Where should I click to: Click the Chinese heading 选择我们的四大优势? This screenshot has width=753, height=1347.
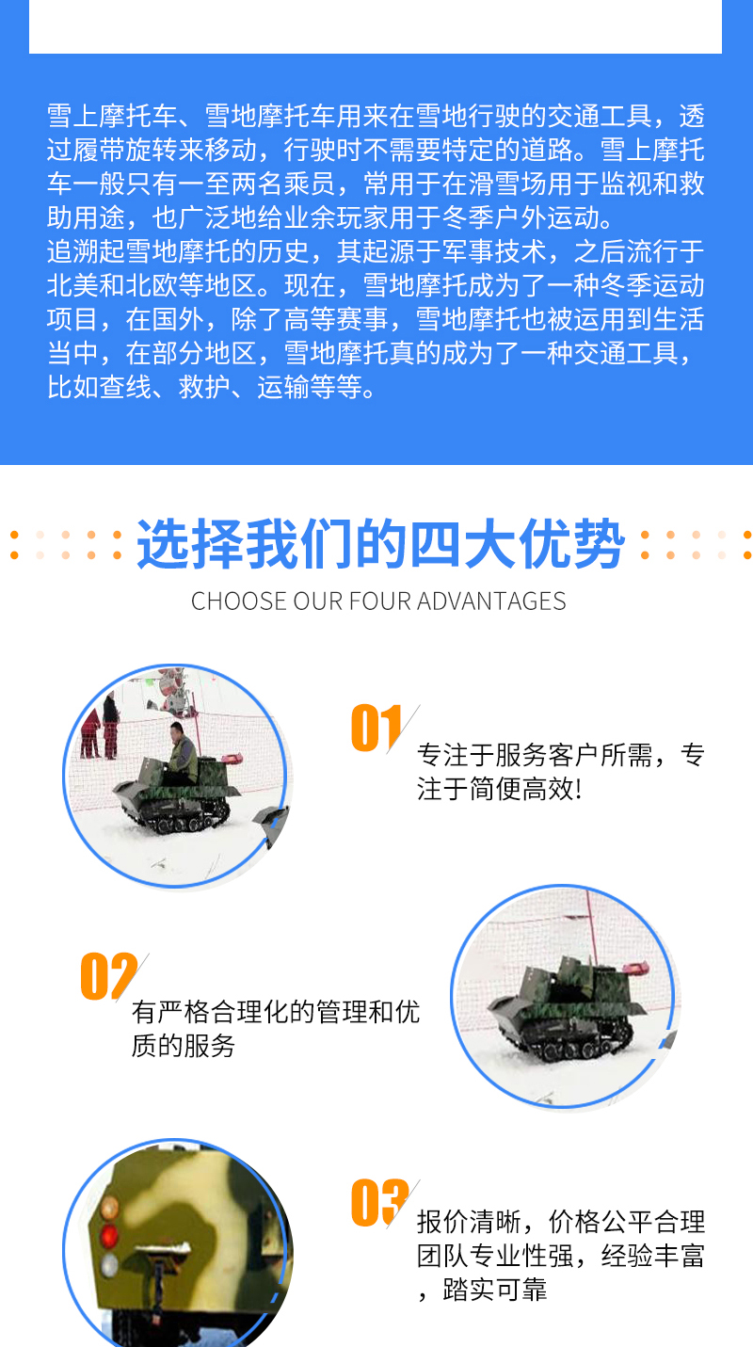point(380,544)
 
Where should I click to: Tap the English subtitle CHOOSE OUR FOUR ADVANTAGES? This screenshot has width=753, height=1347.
point(378,601)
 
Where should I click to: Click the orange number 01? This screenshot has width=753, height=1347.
point(376,728)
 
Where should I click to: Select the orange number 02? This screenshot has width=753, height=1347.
point(109,975)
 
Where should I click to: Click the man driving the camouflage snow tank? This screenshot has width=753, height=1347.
point(182,753)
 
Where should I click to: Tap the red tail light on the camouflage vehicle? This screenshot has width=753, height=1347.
point(109,1236)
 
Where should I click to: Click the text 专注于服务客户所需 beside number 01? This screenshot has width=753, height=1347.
point(534,755)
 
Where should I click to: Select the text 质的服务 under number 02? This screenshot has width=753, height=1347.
point(184,1046)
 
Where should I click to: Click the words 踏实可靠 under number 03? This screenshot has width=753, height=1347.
point(495,1290)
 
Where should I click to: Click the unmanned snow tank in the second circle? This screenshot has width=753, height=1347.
point(568,1009)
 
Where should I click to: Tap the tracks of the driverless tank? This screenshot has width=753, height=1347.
point(571,1043)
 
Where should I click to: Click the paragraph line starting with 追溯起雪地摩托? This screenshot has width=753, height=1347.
point(376,251)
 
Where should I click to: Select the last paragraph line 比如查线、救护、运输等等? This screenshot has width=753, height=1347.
point(211,387)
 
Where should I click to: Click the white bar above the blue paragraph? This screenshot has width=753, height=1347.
point(376,26)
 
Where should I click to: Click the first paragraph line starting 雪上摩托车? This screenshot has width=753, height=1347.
point(376,116)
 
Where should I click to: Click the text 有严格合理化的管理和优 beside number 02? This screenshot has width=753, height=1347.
point(276,1012)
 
